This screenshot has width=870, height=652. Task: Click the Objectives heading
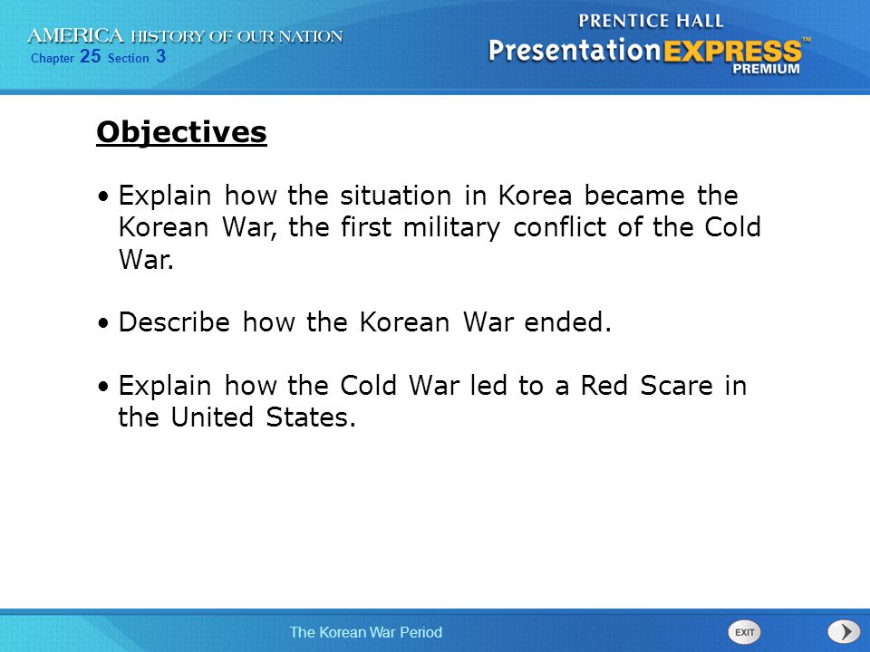tap(181, 133)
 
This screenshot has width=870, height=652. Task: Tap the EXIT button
tap(744, 632)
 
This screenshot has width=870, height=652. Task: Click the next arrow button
tap(844, 632)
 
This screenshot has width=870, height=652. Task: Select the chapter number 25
tap(90, 56)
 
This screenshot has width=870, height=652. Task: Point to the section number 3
tap(161, 56)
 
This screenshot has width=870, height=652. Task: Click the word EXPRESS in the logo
tap(732, 52)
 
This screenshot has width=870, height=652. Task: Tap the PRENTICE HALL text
tap(651, 21)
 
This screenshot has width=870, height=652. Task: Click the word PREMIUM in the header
tap(767, 69)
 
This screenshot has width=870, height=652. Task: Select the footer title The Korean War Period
tap(365, 632)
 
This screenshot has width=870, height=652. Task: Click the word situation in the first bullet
tap(396, 196)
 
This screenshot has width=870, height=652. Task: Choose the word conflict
tap(559, 227)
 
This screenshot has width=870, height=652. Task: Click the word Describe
tap(174, 322)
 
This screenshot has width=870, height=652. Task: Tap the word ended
tap(567, 322)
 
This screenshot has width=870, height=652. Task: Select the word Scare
tap(676, 386)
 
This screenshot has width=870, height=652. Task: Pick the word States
tap(310, 417)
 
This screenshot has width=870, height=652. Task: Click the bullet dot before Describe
tap(103, 323)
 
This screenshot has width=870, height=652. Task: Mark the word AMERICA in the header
tap(75, 36)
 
